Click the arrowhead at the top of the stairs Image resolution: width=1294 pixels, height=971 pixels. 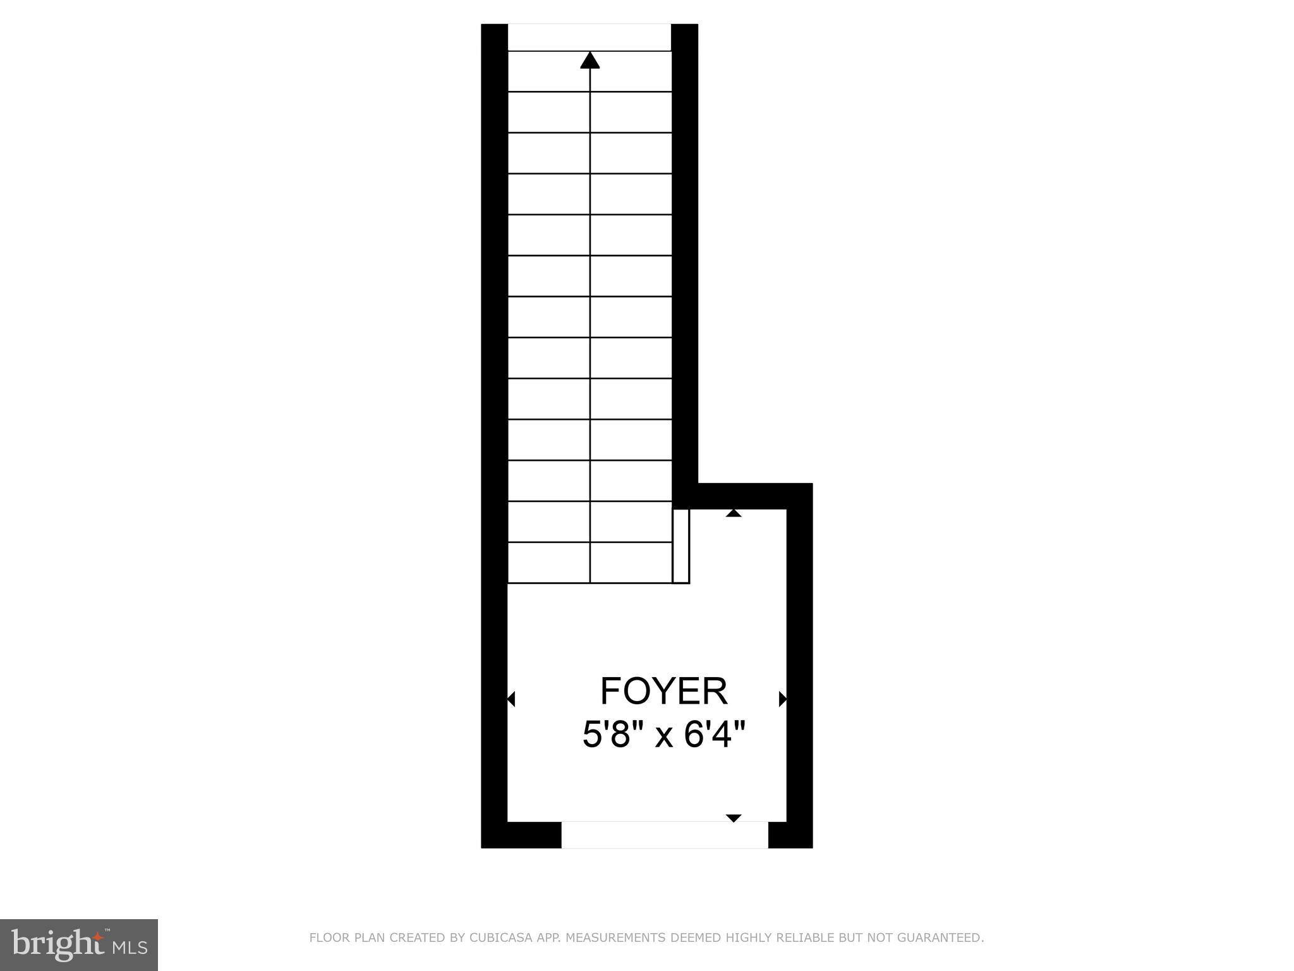[590, 60]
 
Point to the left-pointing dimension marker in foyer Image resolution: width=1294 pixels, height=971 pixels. [511, 699]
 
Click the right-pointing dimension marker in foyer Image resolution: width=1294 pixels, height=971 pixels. [783, 699]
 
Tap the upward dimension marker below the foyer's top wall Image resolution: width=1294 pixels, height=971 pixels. [733, 513]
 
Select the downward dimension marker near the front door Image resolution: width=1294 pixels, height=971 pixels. [733, 818]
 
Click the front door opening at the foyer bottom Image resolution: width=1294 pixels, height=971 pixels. [664, 834]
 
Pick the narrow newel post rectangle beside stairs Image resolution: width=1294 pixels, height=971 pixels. [680, 546]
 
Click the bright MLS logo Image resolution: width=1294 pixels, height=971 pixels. [79, 945]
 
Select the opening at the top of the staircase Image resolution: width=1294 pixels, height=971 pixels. [589, 37]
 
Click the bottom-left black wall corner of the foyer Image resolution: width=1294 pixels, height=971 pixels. [495, 834]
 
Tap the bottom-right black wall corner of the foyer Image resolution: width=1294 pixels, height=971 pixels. [799, 834]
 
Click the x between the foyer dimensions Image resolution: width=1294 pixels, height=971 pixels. [663, 736]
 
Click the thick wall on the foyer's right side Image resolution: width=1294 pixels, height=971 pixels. [799, 664]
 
